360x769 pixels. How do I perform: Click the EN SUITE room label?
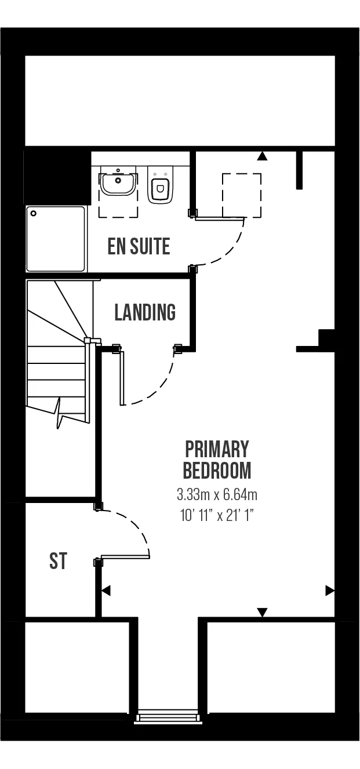139,246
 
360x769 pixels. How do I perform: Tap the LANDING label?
145,312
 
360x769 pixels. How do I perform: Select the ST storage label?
59,560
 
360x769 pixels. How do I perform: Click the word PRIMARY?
217,449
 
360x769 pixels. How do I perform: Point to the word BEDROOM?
217,471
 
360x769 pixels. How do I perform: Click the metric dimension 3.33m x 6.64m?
217,495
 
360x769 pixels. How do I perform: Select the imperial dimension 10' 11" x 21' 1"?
217,515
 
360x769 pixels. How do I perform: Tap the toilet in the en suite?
159,184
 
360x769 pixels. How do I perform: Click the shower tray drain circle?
33,213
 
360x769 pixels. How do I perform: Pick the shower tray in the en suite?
55,239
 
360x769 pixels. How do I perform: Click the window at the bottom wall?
168,717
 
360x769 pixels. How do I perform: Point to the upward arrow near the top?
263,156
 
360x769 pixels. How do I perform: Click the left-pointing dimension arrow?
106,591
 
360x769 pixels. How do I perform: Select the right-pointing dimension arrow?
330,591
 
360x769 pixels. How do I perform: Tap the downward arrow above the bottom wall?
262,612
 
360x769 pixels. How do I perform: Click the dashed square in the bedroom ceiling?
242,195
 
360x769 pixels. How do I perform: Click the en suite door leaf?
220,218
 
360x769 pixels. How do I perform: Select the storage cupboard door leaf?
125,556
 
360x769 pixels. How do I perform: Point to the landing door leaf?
121,378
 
